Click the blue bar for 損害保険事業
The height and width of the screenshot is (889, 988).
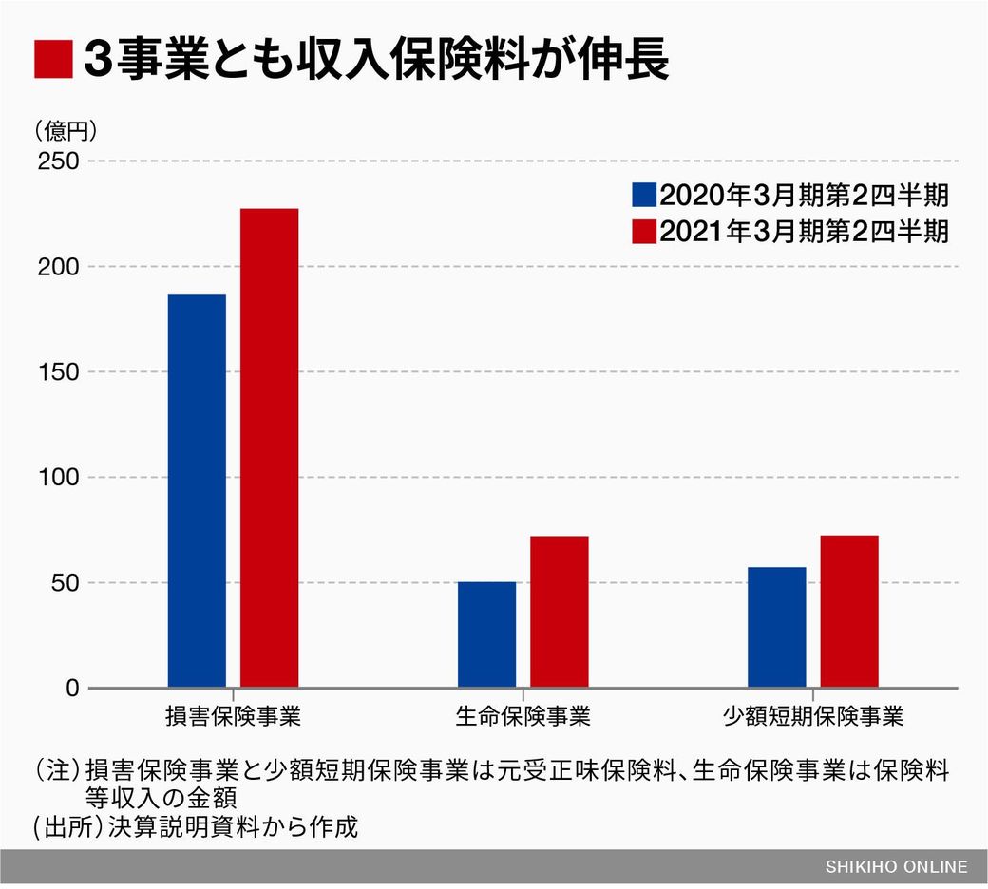(197, 490)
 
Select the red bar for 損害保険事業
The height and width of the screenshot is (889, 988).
(269, 447)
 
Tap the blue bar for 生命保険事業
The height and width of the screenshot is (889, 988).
(486, 634)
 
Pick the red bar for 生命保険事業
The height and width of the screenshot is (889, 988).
(559, 612)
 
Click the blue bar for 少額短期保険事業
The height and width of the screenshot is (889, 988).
(776, 627)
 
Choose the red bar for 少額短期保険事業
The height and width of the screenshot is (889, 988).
(849, 611)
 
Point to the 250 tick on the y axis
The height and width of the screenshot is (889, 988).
(58, 161)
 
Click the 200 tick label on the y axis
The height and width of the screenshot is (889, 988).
(58, 267)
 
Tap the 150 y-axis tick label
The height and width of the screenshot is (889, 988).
(58, 372)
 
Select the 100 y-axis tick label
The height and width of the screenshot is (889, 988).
(58, 478)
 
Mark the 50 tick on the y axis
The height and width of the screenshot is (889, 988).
(64, 583)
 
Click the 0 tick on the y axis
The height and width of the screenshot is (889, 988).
(70, 689)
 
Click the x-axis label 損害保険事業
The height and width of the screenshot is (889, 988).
(233, 716)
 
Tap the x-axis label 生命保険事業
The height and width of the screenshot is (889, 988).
(522, 716)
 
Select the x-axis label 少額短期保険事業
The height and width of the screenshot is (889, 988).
(812, 716)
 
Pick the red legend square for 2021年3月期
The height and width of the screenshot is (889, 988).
(643, 231)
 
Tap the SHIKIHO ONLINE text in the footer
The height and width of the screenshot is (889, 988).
(896, 867)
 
